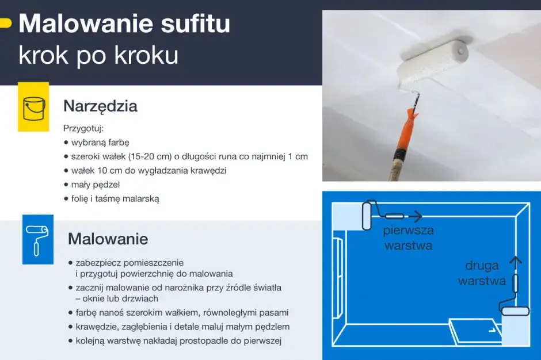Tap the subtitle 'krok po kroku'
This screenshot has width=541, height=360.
click(x=98, y=55)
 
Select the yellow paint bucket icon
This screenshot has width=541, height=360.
click(x=34, y=107)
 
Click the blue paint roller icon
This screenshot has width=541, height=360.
click(x=38, y=239)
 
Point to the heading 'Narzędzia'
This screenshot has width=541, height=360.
click(x=100, y=106)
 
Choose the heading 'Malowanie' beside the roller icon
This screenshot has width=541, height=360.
click(x=108, y=239)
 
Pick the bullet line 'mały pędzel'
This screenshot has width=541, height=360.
click(x=95, y=185)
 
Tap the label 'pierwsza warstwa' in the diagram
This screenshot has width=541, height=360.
click(x=409, y=238)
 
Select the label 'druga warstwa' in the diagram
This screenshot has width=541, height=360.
click(x=482, y=274)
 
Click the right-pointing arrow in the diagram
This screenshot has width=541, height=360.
click(x=416, y=216)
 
